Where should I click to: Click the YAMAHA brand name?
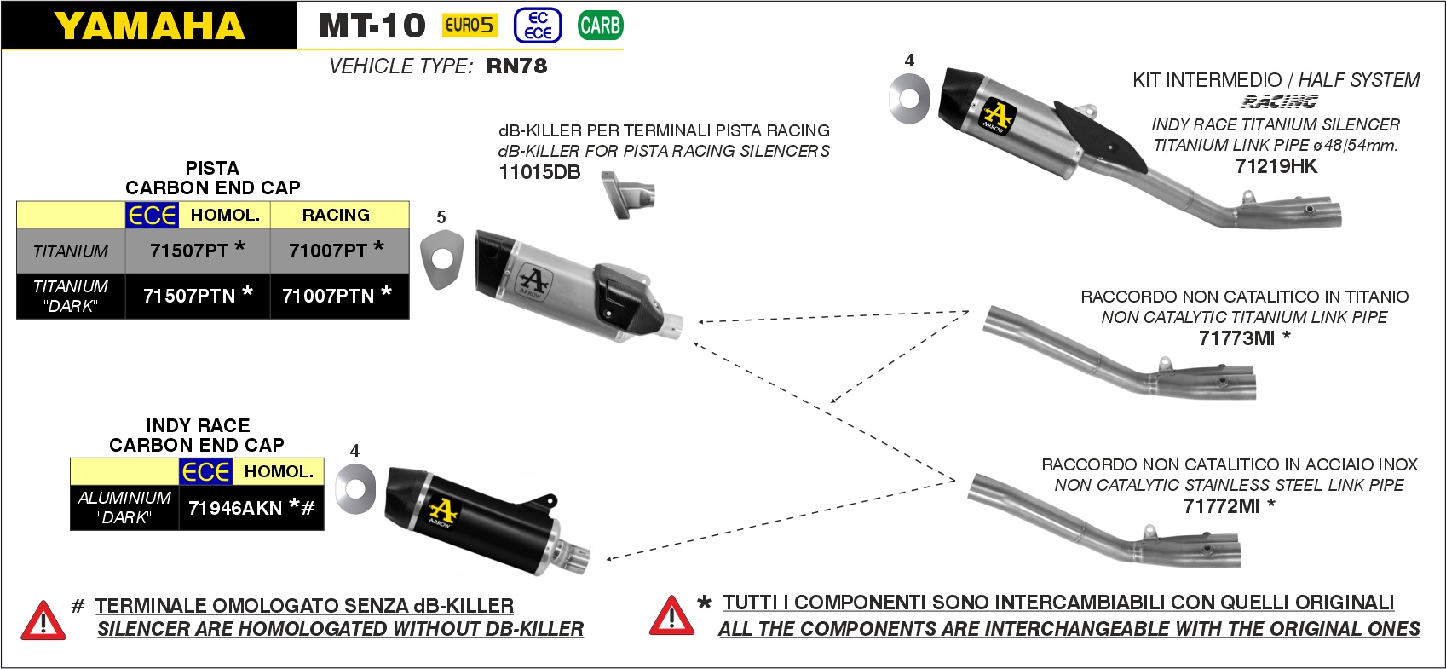tap(149, 26)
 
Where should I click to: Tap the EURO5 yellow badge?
tap(469, 26)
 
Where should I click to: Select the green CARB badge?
tap(600, 26)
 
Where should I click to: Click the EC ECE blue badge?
tap(538, 26)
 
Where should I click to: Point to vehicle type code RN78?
tap(516, 66)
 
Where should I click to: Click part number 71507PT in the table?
tap(189, 251)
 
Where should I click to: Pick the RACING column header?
tap(336, 215)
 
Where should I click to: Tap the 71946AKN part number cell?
tap(235, 508)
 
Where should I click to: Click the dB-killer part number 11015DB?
tap(539, 172)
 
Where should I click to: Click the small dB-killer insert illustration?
tap(627, 195)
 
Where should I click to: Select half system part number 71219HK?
tap(1276, 166)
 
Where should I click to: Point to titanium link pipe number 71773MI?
tap(1236, 338)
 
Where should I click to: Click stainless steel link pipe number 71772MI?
tap(1221, 506)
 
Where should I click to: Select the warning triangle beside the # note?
tap(43, 620)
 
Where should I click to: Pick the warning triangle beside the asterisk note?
tap(671, 616)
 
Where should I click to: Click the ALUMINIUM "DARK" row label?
tap(124, 507)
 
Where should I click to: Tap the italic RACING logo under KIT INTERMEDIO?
tap(1278, 102)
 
